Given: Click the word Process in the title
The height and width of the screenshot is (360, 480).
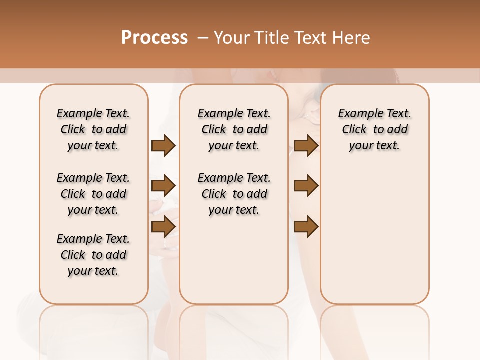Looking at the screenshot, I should tap(154, 38).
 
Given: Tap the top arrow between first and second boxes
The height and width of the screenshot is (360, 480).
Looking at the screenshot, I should tap(163, 146).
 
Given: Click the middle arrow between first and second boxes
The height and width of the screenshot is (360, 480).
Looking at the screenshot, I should tap(163, 186).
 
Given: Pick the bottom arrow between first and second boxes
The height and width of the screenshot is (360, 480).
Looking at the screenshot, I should tap(163, 227).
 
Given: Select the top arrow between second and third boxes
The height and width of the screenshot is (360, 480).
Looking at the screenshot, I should tap(306, 146).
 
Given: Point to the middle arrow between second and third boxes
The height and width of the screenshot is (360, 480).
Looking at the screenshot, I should tap(306, 186).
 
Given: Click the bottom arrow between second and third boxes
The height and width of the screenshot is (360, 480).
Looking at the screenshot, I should tap(306, 227).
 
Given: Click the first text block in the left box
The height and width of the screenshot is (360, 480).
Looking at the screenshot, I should tap(93, 129).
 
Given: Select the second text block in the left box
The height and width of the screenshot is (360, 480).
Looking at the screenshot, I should tap(93, 194).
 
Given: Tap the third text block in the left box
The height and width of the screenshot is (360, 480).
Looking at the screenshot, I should tap(93, 255).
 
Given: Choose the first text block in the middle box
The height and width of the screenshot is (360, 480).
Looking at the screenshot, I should tap(234, 129).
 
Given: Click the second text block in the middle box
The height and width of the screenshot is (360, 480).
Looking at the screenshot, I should tap(234, 194).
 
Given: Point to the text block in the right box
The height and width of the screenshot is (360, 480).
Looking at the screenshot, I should tap(374, 129).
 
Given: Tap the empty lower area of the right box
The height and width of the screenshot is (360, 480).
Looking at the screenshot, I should tap(374, 235).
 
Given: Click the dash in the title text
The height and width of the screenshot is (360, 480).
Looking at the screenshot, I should tap(202, 38).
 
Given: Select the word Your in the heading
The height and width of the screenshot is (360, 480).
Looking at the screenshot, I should tap(232, 38).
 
